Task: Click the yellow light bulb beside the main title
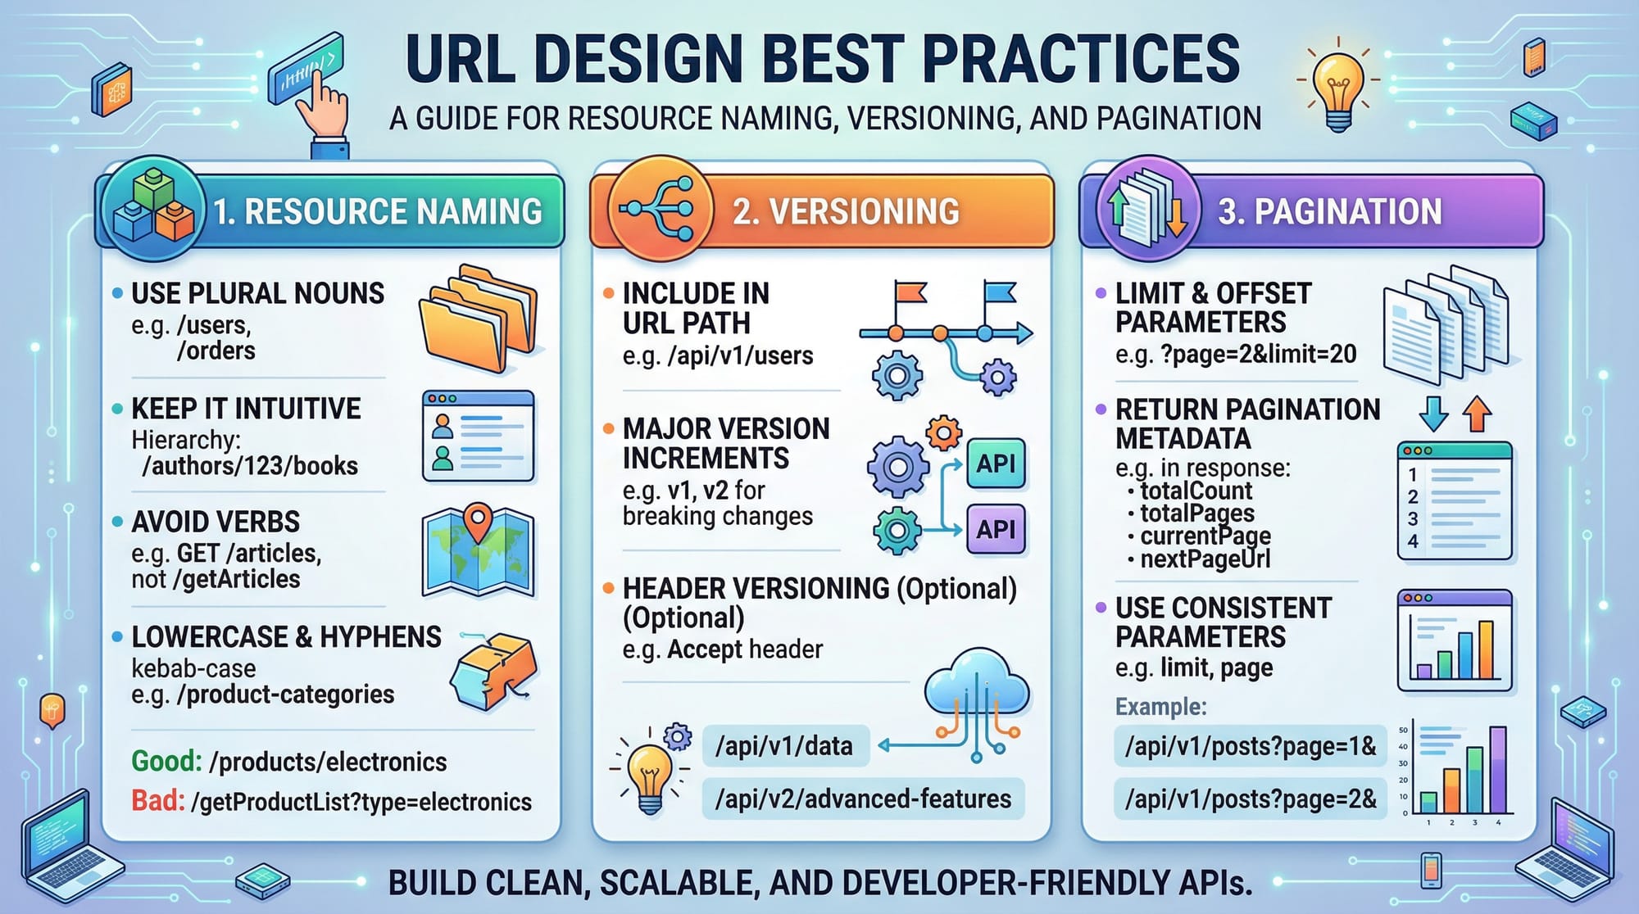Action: pos(1338,90)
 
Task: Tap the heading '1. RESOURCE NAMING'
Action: pos(378,211)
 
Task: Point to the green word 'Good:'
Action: pos(166,762)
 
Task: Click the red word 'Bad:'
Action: pos(158,800)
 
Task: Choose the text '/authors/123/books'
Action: pos(250,466)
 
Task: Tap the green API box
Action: pos(996,464)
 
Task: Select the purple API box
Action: pos(996,529)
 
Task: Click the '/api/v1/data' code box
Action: pos(785,746)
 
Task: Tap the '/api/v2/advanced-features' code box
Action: pos(863,799)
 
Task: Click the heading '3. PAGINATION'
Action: pos(1329,211)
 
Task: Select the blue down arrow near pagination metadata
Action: pos(1433,414)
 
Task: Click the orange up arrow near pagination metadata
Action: pos(1478,414)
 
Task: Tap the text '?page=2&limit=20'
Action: pos(1259,354)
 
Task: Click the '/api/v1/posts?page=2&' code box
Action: pos(1250,799)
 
